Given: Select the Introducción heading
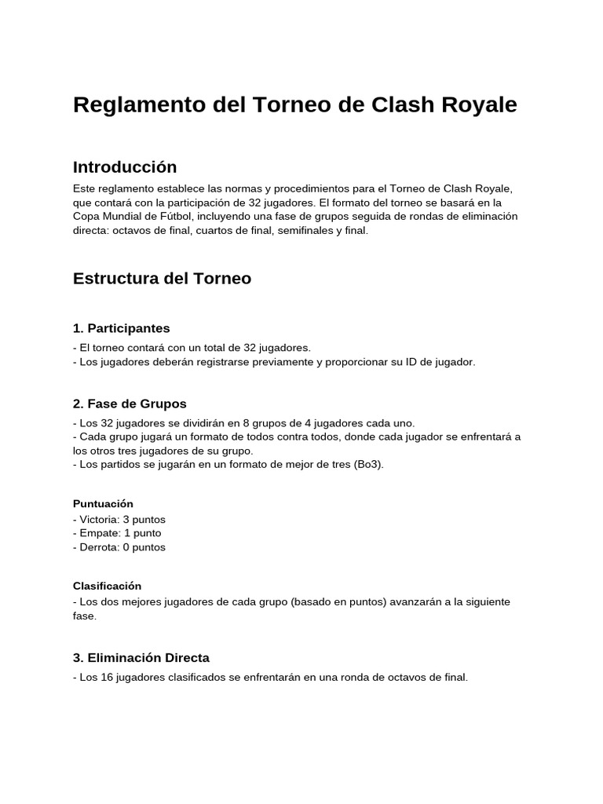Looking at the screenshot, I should click(x=125, y=167).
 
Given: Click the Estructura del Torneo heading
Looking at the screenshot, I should click(x=162, y=279).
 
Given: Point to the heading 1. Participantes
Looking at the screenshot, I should click(x=121, y=328).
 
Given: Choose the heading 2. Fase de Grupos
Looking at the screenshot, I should click(x=130, y=404).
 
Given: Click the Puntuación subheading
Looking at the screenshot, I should click(x=103, y=503).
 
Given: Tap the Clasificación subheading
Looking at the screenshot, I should click(x=107, y=586).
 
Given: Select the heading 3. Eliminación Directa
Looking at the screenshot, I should click(x=141, y=658).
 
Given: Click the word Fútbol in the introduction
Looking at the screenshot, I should click(x=175, y=217).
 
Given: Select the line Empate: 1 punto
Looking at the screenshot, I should click(x=117, y=533).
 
